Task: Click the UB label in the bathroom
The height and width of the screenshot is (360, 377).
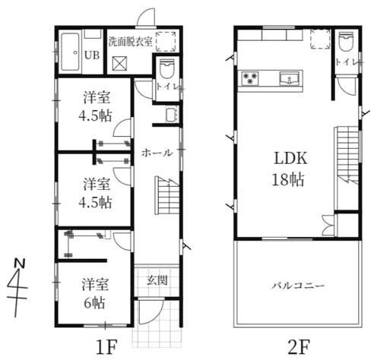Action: point(92,55)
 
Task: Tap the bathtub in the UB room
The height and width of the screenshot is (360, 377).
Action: point(70,52)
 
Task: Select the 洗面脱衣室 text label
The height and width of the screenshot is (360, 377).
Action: point(131,42)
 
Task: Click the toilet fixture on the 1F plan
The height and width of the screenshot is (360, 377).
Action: point(167,68)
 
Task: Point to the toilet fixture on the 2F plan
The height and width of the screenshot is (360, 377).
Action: point(346,41)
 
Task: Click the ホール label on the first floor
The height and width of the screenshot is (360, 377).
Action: point(157,153)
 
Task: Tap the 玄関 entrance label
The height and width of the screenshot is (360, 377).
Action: point(157,280)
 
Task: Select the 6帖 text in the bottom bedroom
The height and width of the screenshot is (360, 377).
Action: point(94,302)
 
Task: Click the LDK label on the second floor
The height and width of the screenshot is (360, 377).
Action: point(291,158)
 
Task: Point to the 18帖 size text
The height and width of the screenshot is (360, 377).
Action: point(288,179)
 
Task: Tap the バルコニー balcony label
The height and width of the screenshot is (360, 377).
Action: point(298,286)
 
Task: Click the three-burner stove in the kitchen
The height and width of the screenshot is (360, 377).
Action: point(250,78)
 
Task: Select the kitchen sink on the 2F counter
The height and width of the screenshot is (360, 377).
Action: point(290,78)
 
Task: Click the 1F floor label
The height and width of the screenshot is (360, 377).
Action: point(106,347)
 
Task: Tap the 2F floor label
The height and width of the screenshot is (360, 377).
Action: point(299,347)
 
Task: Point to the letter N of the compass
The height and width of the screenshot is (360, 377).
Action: point(19,264)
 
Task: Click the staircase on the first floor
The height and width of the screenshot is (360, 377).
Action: point(166,195)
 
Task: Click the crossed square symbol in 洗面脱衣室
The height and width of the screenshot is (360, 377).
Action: point(119,63)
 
